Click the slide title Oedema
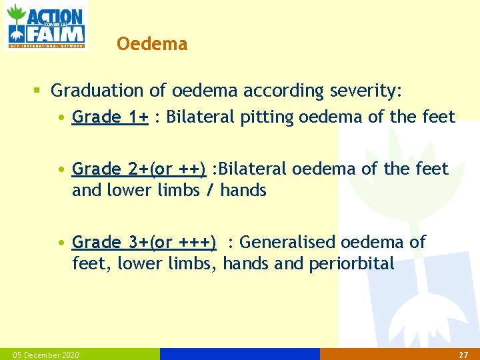pos(151,44)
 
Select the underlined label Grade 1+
pos(110,117)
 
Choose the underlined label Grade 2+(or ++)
pos(139,169)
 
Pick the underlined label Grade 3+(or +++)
pos(144,242)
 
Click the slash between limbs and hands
pos(210,191)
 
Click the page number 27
pos(463,355)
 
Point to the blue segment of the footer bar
pos(240,354)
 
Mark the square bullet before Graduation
pos(38,90)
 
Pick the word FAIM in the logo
pos(55,33)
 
